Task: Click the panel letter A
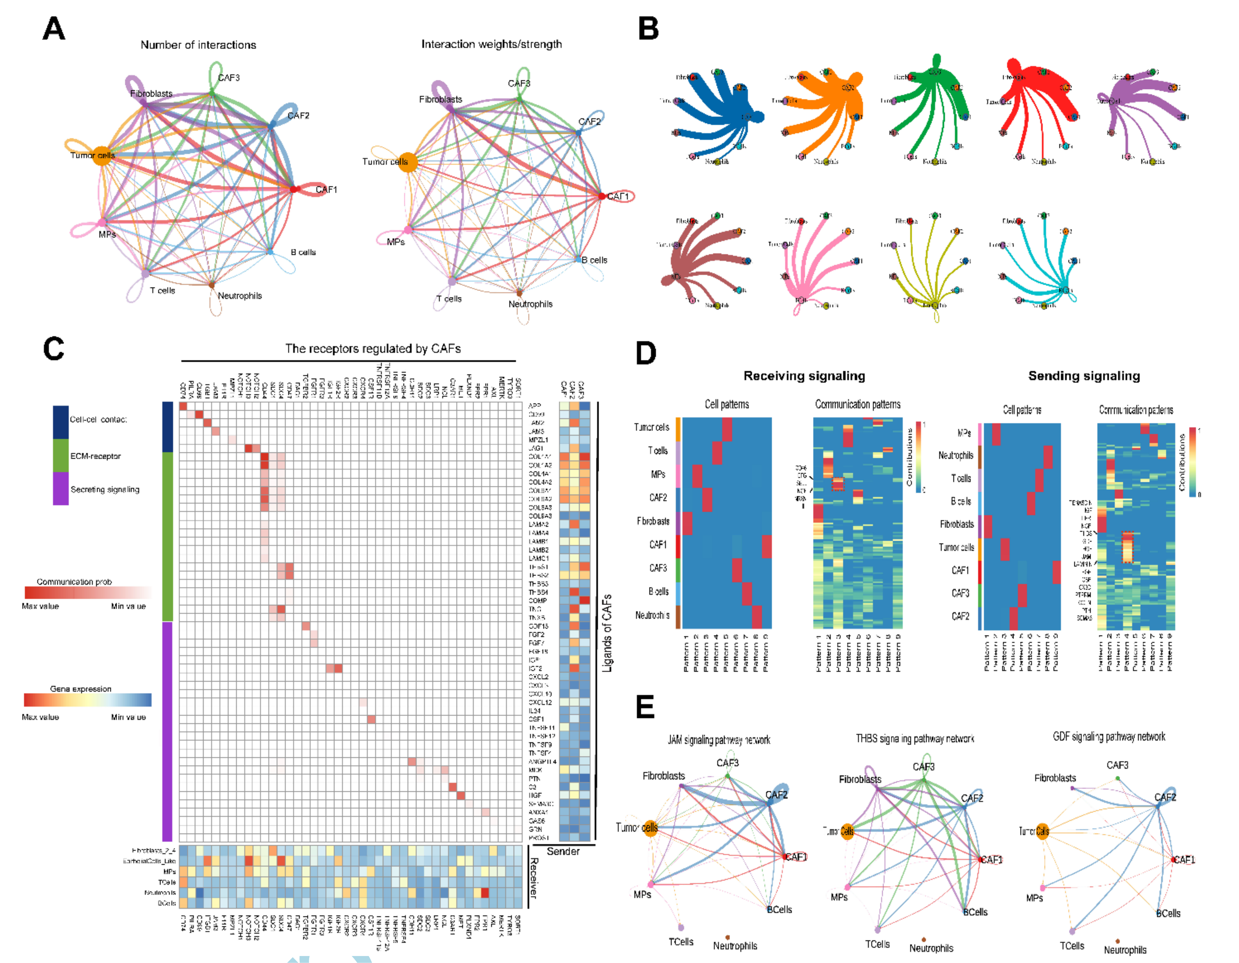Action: click(54, 28)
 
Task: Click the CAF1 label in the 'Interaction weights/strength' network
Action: click(618, 196)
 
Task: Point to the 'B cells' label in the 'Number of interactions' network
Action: click(303, 252)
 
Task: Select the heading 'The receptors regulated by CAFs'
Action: click(373, 348)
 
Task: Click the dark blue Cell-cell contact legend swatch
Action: click(61, 422)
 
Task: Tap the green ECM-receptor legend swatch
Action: click(61, 456)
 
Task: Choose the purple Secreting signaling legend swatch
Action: click(61, 489)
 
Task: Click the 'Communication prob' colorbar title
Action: click(74, 582)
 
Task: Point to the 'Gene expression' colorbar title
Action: click(80, 688)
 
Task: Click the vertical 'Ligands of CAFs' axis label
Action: click(607, 633)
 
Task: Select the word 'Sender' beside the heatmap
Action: click(563, 851)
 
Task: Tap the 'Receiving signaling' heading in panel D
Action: click(804, 376)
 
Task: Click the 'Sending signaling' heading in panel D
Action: click(1084, 376)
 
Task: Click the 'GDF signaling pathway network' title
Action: click(1108, 736)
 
